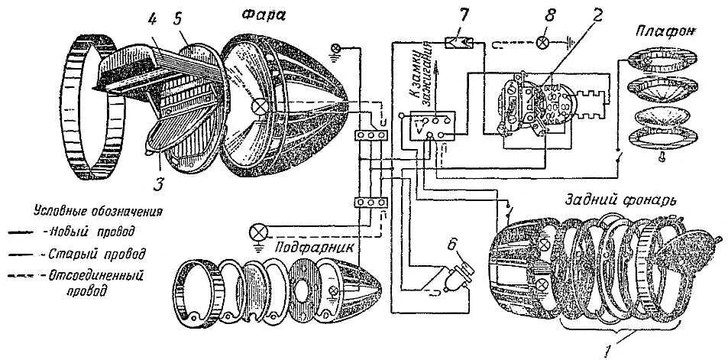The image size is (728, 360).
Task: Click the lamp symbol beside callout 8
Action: coord(543,41)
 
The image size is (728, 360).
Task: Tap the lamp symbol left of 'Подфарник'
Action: coord(260,230)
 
